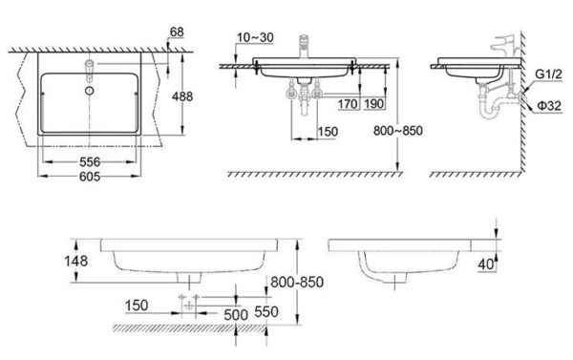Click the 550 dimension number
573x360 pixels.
[267, 312]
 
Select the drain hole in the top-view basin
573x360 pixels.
[88, 91]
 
